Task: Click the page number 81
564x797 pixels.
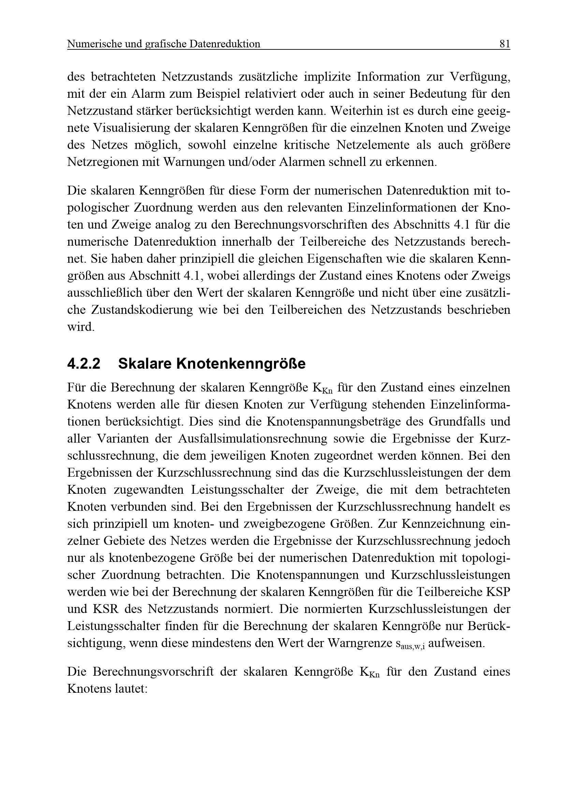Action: coord(505,44)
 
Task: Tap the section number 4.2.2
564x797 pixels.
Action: coord(84,364)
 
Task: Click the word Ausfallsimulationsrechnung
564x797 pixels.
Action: coord(252,439)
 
